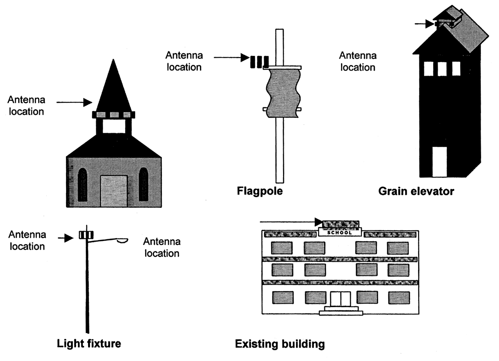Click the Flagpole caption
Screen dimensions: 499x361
260,191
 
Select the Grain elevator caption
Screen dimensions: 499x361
416,191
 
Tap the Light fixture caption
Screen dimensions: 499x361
89,344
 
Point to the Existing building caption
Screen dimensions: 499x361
280,344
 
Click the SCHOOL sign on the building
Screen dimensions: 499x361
340,233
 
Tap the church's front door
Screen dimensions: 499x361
114,191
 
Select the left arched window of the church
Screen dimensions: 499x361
82,185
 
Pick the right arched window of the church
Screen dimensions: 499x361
143,185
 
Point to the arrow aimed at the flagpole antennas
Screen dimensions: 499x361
231,57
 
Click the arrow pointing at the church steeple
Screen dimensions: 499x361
74,102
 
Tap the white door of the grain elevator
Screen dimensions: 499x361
440,162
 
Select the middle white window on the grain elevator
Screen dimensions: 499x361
442,69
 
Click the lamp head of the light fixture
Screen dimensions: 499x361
122,241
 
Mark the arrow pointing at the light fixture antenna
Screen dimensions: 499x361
66,238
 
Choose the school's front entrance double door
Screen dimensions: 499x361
340,299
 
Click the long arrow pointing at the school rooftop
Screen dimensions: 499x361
291,222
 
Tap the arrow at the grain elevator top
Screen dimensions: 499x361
424,24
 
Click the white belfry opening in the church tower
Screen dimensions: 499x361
114,126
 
